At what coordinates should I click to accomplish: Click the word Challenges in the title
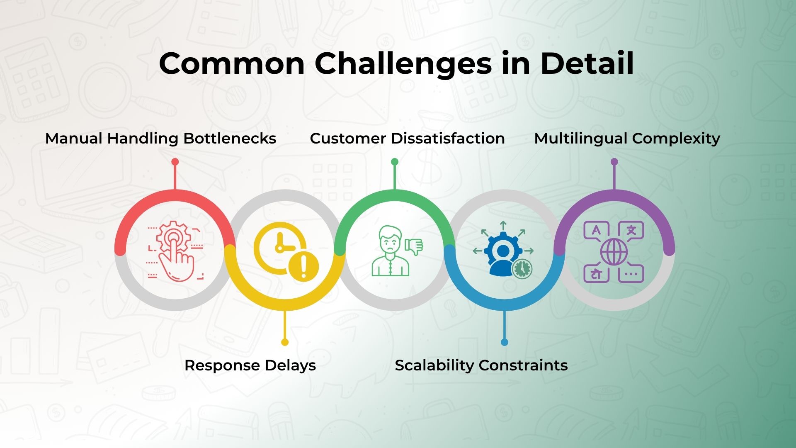(x=403, y=64)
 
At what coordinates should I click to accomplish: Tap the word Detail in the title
(x=587, y=63)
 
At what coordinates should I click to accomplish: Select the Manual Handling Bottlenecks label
(x=160, y=139)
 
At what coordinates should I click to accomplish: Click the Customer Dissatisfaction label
(x=407, y=139)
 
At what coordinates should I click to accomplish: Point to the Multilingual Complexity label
(x=627, y=139)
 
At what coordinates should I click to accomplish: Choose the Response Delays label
(x=250, y=365)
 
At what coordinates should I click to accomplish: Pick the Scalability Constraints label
(x=481, y=365)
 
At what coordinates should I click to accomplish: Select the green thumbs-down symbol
(x=413, y=247)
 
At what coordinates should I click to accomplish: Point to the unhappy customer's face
(x=390, y=241)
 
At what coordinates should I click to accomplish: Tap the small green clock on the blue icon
(x=522, y=269)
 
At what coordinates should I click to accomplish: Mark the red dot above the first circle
(x=175, y=162)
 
